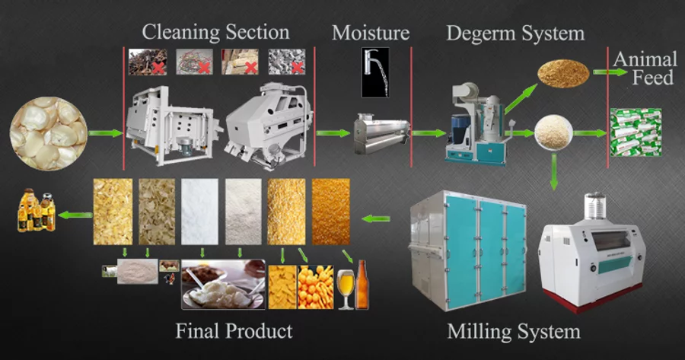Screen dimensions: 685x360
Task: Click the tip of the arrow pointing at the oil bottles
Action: (x=58, y=215)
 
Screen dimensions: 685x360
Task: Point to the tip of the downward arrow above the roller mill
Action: (x=554, y=190)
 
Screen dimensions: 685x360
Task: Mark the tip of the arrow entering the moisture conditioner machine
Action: (x=350, y=133)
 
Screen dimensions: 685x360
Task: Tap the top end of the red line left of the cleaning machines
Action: (x=123, y=47)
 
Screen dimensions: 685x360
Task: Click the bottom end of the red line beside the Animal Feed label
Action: (x=607, y=167)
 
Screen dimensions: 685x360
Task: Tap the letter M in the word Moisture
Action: (x=341, y=33)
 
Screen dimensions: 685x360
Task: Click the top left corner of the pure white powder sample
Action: (x=181, y=179)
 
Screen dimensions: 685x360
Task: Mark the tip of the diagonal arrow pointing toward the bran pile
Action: (x=537, y=84)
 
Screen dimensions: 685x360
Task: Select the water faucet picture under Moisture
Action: (x=375, y=72)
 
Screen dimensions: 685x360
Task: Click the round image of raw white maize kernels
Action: (x=49, y=134)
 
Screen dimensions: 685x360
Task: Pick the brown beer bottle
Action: (x=362, y=285)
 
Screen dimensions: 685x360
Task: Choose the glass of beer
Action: (x=346, y=289)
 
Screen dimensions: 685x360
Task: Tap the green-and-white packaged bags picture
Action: (x=636, y=132)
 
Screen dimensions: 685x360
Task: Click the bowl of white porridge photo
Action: (x=223, y=285)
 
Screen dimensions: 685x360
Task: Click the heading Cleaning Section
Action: (x=215, y=33)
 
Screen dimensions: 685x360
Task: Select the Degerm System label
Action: (x=515, y=33)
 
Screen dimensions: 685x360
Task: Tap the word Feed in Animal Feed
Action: (x=653, y=78)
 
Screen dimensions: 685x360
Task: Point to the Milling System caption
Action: (x=514, y=332)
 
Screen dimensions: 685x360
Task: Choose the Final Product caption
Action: (x=234, y=331)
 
